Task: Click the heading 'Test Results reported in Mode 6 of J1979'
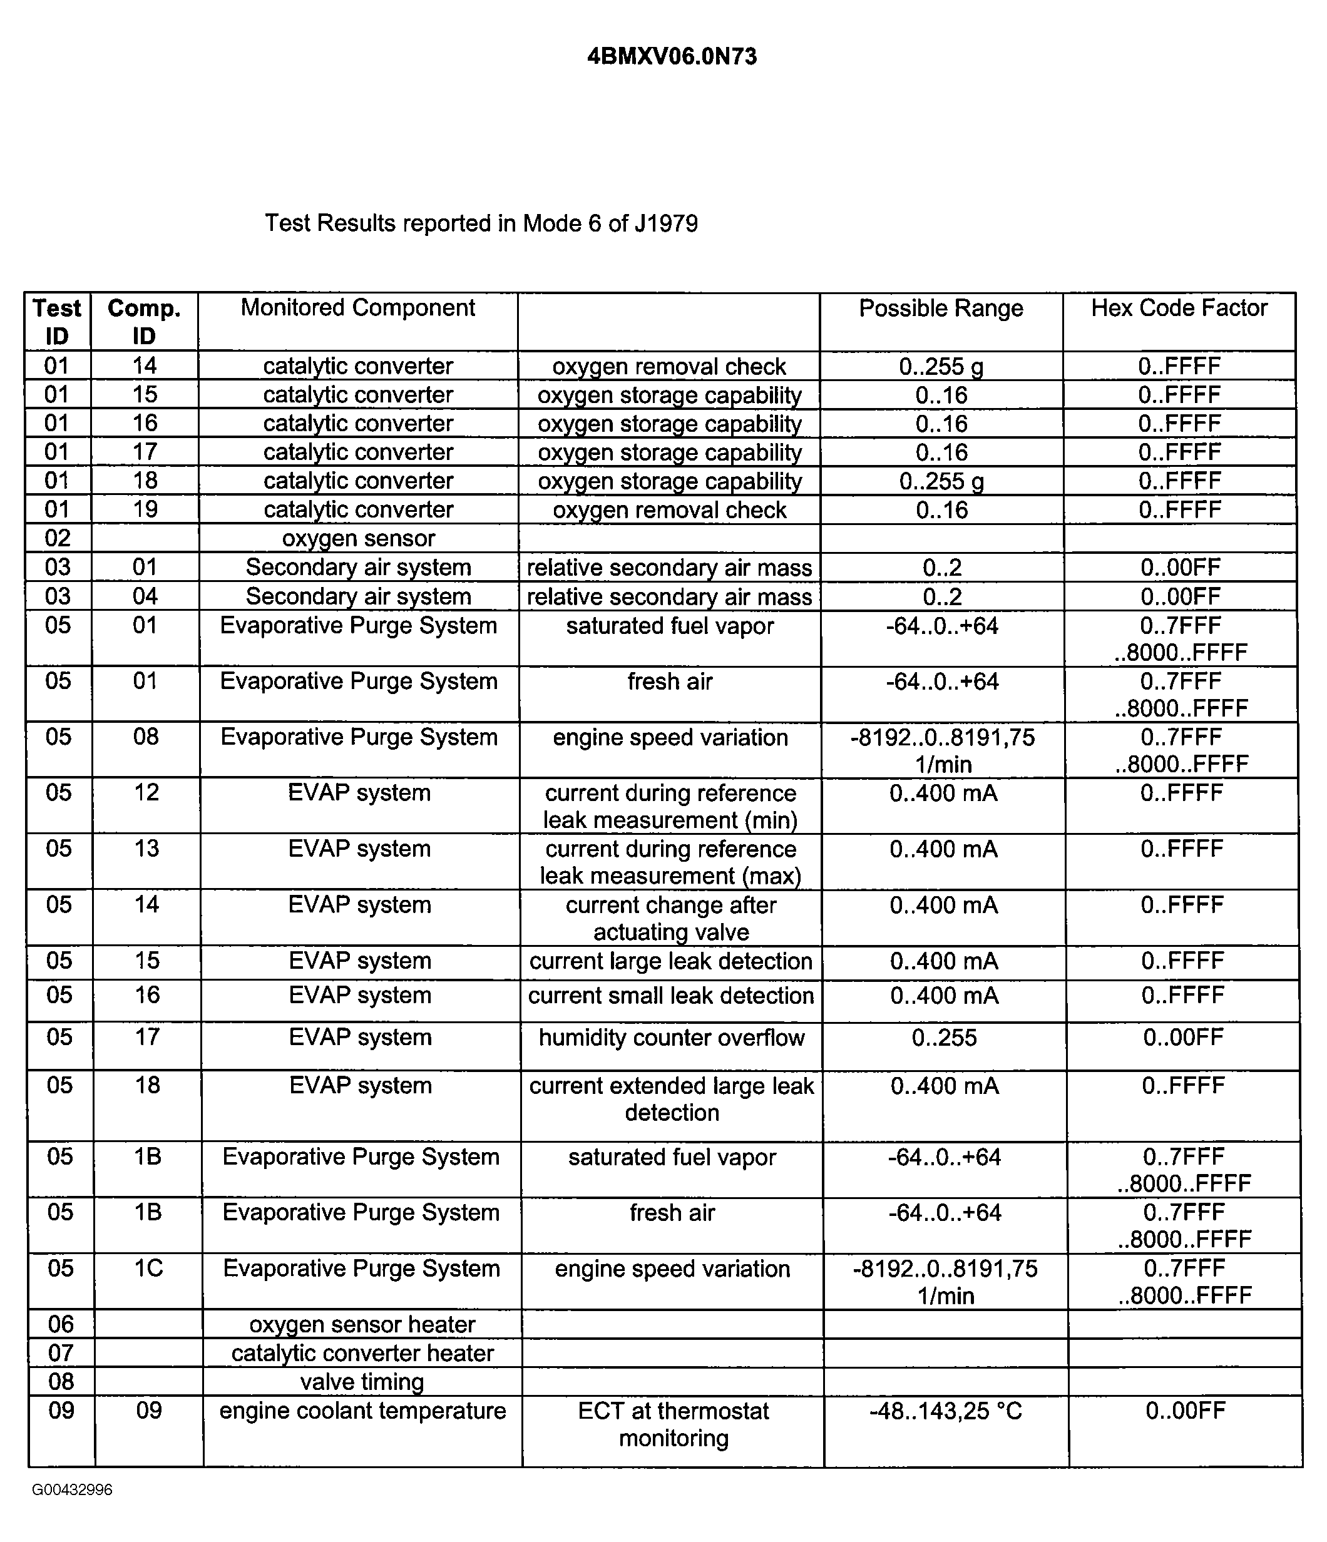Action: coord(481,223)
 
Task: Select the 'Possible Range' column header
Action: coord(941,308)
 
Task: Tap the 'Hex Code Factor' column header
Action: coord(1179,308)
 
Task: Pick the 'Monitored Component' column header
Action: coord(358,307)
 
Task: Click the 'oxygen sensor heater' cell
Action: coord(362,1324)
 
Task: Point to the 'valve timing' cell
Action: coord(362,1381)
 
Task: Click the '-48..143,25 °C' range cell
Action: coord(946,1411)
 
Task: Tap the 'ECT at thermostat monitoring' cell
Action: coord(674,1424)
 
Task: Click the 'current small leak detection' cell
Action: coord(671,996)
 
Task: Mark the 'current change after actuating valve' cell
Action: coord(671,918)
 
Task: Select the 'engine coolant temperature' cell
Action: coord(362,1411)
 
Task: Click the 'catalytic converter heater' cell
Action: coord(362,1353)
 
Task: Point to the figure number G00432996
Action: coord(72,1489)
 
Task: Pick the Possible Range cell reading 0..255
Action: coord(944,1038)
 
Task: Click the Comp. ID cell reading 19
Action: coord(145,510)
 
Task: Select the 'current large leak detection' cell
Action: coord(671,961)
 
